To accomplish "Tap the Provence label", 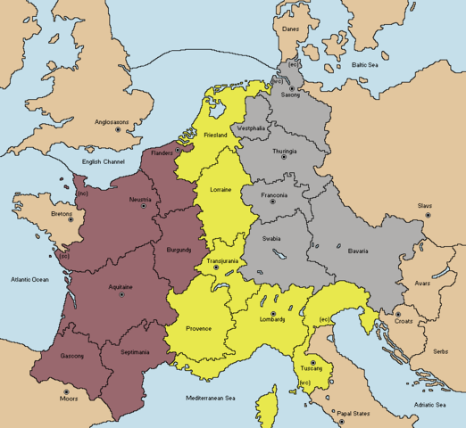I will click(198, 328).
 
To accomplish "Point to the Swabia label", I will click(271, 239).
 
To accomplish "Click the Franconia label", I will click(273, 195).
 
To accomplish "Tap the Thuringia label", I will click(298, 151).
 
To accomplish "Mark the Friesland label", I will click(216, 134).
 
